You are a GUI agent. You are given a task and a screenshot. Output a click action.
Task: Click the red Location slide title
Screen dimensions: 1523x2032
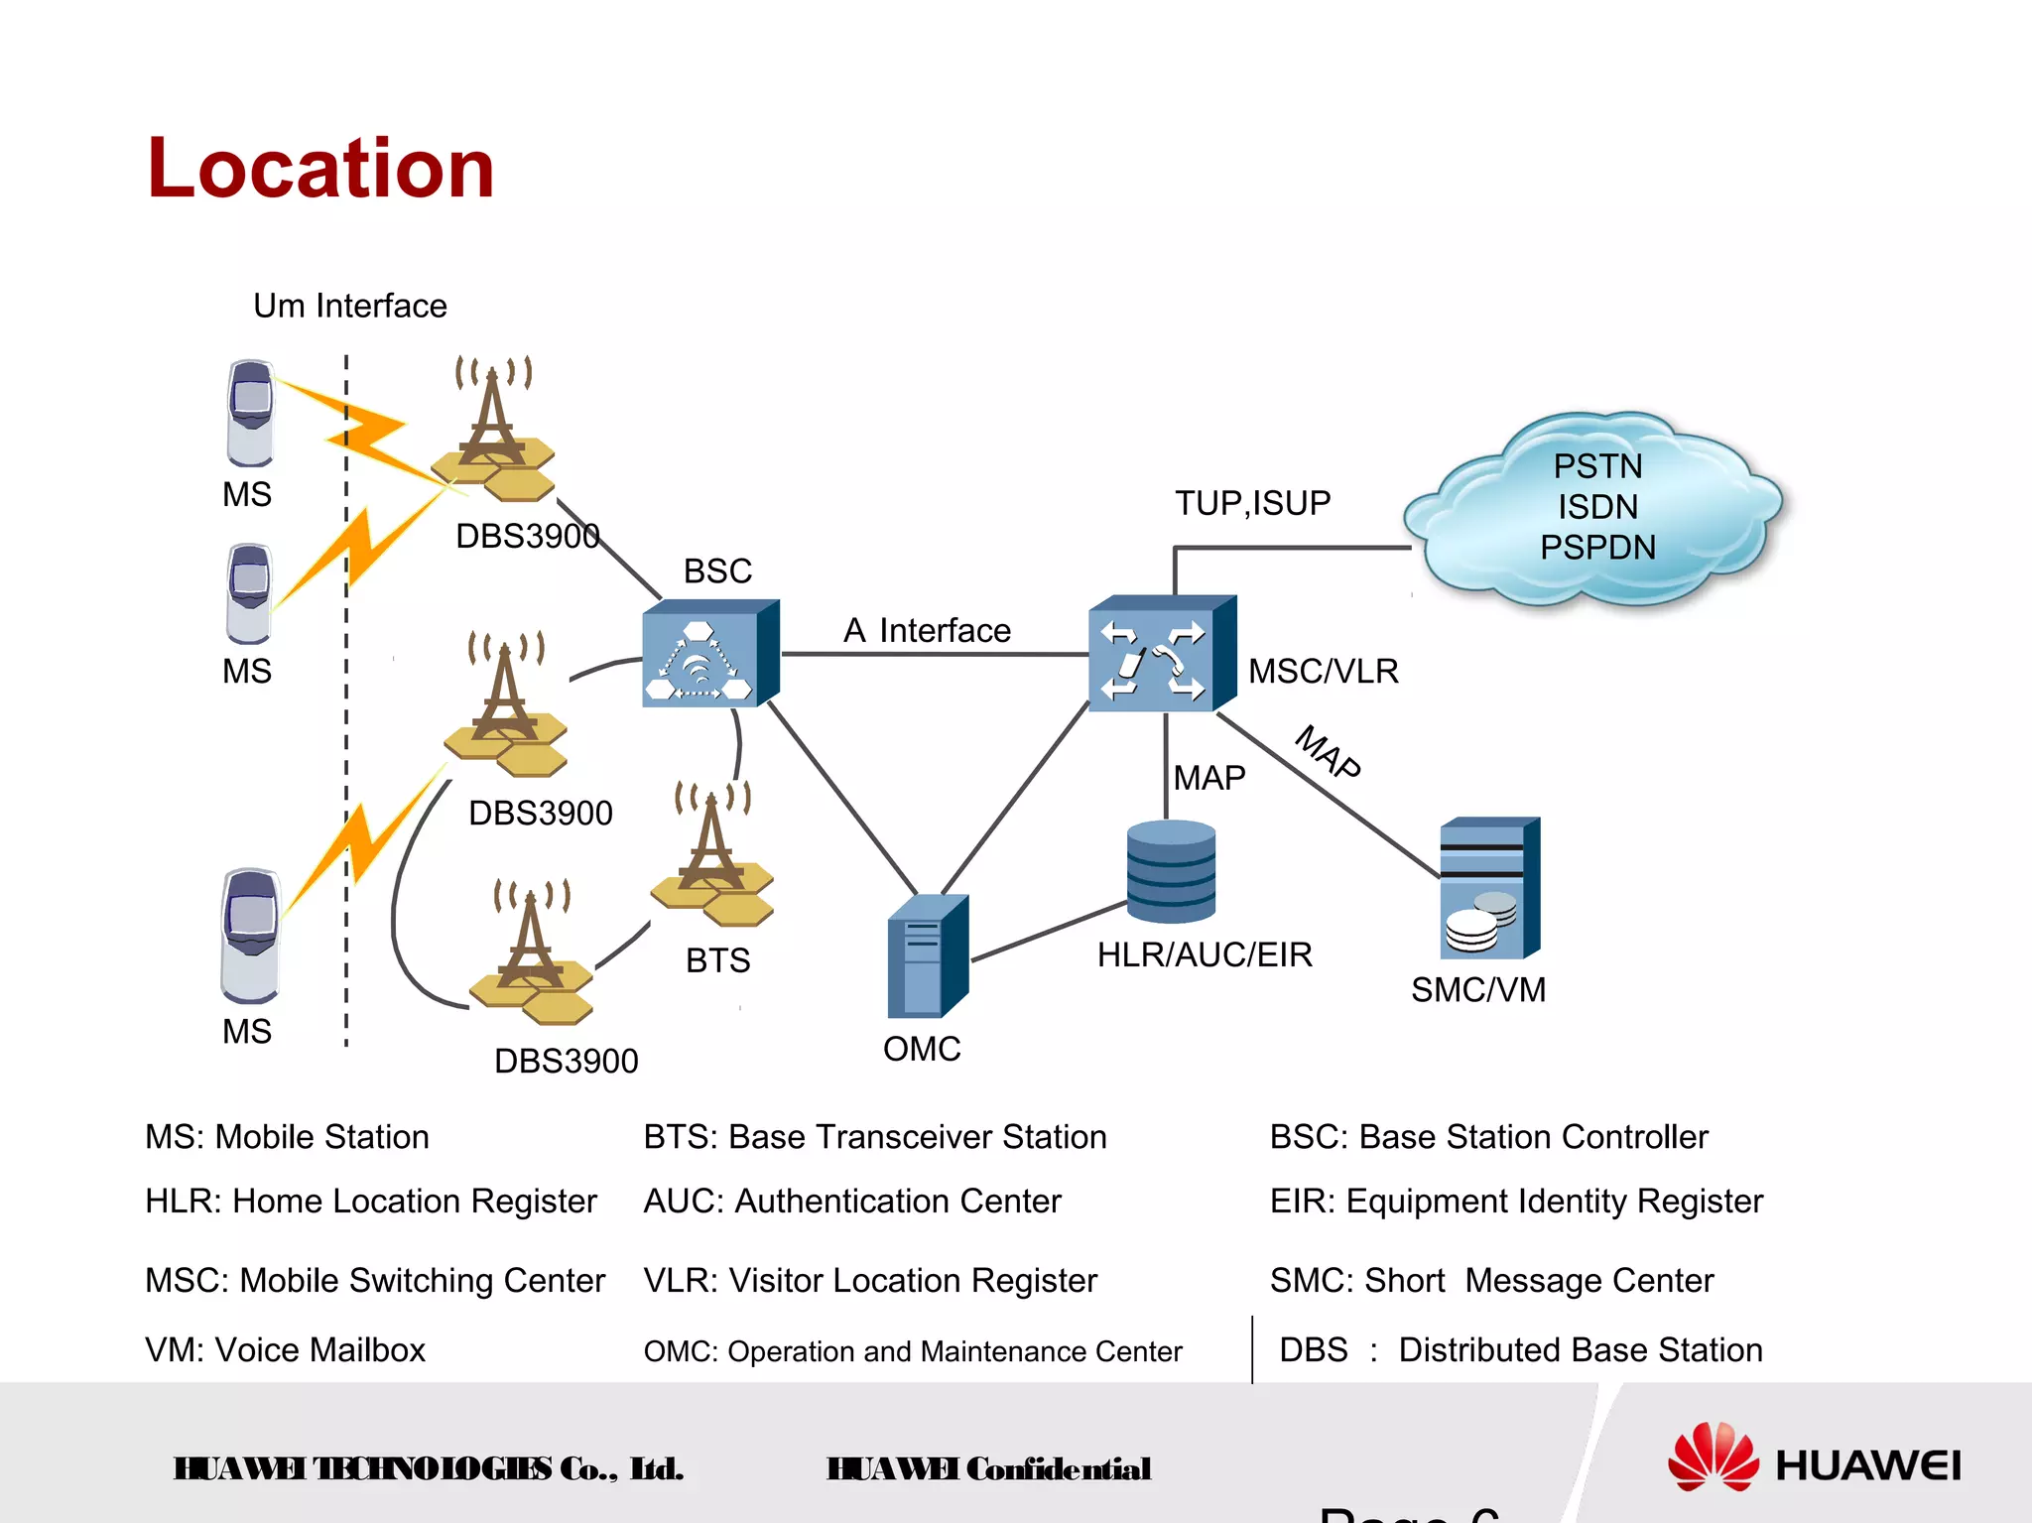319,169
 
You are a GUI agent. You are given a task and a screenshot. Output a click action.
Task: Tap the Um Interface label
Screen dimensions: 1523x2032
349,306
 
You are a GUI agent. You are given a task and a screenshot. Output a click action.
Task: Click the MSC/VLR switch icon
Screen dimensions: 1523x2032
1161,655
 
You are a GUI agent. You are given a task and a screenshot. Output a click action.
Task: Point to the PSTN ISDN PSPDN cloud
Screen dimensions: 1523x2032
1595,508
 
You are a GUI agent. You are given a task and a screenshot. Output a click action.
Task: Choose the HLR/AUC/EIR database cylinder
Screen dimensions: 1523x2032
1171,871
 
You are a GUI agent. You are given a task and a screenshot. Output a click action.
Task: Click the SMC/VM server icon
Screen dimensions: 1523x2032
1488,889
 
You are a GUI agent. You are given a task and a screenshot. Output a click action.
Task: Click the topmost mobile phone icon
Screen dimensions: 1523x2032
250,413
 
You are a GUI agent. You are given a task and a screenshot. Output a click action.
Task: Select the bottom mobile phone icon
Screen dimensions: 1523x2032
250,935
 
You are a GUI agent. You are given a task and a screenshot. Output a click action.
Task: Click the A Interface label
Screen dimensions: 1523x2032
927,631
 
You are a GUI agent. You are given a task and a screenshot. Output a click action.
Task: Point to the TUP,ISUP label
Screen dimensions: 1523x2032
1252,503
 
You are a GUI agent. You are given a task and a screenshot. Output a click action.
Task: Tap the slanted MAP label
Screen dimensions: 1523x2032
1329,752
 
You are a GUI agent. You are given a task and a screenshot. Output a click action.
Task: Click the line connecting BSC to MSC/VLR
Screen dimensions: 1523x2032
933,654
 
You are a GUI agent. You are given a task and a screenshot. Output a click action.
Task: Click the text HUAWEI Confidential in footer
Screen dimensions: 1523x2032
988,1468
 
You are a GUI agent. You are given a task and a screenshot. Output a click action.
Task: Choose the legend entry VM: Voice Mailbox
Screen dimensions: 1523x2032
285,1350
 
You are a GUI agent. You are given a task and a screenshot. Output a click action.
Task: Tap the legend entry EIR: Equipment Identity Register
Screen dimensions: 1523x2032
1516,1202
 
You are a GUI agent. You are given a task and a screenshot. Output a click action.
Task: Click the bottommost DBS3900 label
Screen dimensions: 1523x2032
566,1061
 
